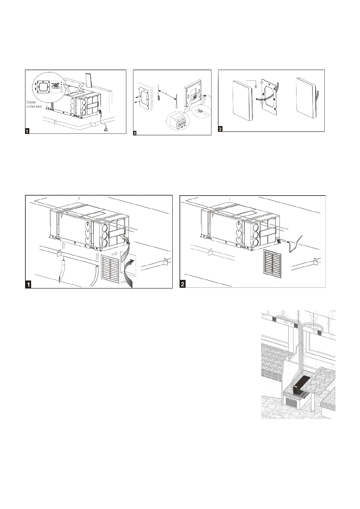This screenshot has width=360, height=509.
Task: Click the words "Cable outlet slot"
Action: pos(34,104)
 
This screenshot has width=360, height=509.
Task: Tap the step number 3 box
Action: pos(220,129)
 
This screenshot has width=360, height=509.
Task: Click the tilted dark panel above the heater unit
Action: pos(88,80)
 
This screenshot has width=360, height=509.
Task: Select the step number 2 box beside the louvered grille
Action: pos(183,284)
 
